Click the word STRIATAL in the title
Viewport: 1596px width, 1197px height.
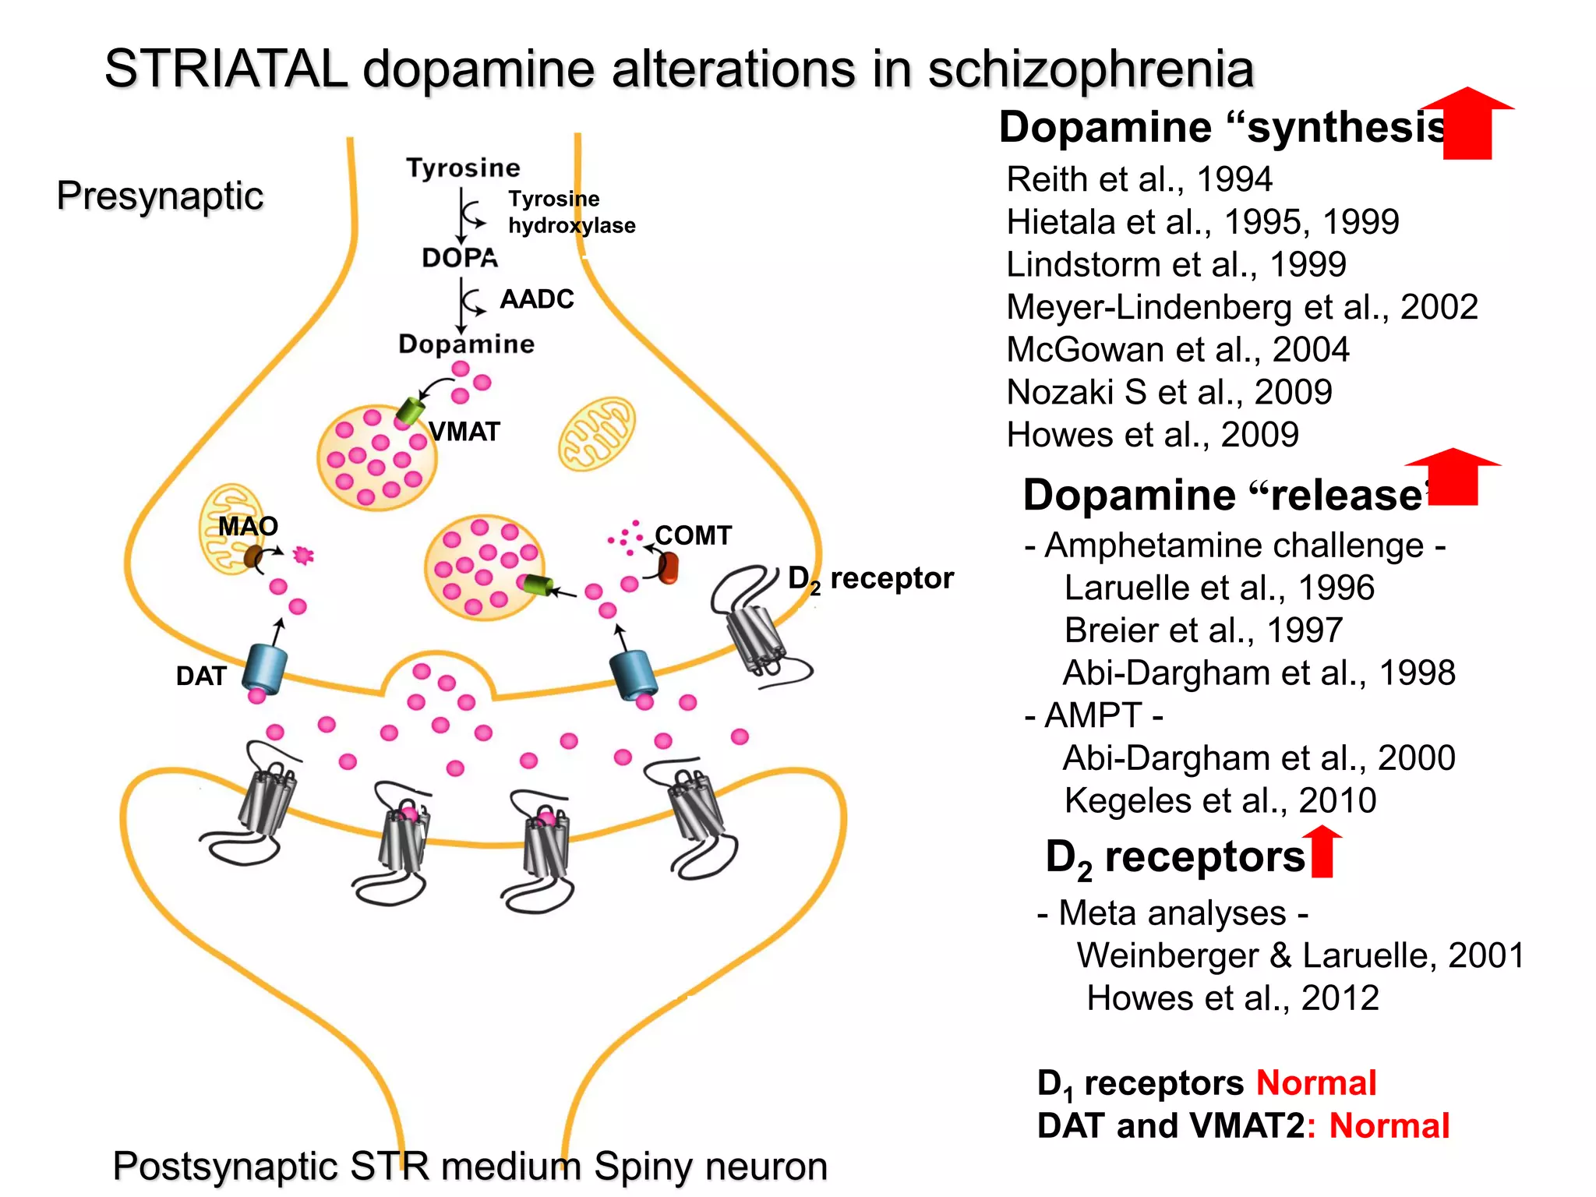click(225, 69)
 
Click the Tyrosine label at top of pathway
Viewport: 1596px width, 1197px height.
click(463, 168)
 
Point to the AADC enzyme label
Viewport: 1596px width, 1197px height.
click(537, 299)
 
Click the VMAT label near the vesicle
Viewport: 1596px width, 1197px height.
click(464, 432)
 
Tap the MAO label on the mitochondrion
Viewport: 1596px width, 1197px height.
click(248, 526)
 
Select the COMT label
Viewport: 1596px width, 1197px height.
click(693, 535)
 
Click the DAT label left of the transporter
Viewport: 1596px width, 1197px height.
click(201, 676)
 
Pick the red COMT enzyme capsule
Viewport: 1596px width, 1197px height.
click(668, 567)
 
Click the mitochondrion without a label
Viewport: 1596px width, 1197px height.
click(597, 433)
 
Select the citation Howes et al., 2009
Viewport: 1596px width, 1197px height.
click(1152, 435)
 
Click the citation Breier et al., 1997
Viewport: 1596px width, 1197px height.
click(1203, 630)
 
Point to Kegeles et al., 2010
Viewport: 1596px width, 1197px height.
click(1220, 800)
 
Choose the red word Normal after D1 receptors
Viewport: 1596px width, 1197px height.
click(1315, 1083)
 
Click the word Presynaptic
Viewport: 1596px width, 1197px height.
click(160, 196)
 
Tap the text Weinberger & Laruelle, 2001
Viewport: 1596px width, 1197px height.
click(1300, 955)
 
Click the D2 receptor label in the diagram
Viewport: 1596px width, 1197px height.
click(870, 579)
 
